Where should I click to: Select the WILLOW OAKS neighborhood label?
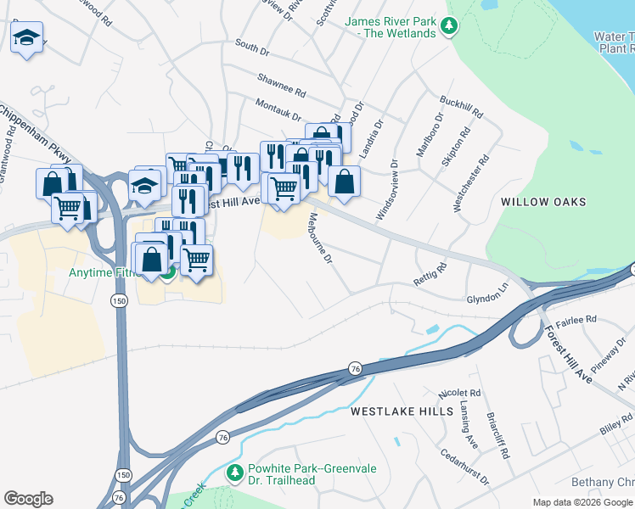pyautogui.click(x=543, y=202)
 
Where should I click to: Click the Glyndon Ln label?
pyautogui.click(x=487, y=299)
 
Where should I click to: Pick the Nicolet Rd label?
pyautogui.click(x=459, y=394)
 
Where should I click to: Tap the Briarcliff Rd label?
pyautogui.click(x=498, y=436)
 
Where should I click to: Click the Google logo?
pyautogui.click(x=28, y=499)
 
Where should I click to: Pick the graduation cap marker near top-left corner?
pyautogui.click(x=27, y=38)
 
